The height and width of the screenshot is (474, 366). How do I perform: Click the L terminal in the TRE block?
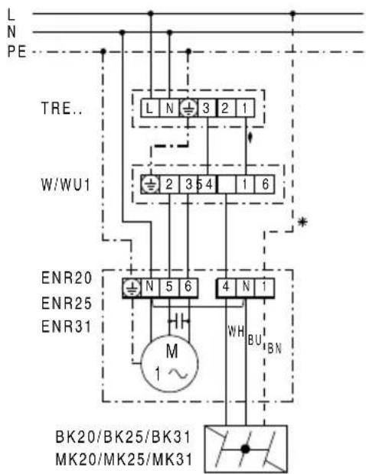click(x=150, y=108)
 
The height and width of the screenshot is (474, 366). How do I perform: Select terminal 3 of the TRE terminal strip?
click(x=207, y=108)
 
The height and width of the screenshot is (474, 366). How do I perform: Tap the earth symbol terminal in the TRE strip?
click(x=188, y=108)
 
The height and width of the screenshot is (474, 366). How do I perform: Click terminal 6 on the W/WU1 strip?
click(x=265, y=184)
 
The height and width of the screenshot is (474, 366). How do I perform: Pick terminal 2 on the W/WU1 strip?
click(x=169, y=184)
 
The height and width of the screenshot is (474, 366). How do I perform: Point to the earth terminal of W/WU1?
click(x=150, y=184)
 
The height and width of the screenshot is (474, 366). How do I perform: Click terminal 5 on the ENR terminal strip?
click(x=169, y=287)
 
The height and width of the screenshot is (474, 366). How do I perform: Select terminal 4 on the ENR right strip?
click(x=226, y=287)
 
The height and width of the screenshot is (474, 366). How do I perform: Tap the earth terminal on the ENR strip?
click(x=132, y=287)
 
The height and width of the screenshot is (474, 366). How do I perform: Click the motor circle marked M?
click(x=169, y=363)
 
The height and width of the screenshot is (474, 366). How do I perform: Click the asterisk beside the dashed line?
click(x=302, y=222)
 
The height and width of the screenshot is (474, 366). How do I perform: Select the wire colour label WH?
click(x=236, y=332)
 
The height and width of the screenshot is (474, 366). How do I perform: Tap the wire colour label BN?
click(x=275, y=349)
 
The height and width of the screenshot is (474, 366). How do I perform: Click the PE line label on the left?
click(x=17, y=51)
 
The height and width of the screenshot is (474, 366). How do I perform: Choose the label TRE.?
click(x=62, y=109)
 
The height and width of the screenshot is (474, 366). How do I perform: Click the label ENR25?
click(x=67, y=304)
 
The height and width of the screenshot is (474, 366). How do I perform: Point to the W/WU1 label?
click(x=66, y=185)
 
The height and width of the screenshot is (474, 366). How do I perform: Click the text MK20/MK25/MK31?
click(x=124, y=459)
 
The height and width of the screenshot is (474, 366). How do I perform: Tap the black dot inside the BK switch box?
click(x=245, y=450)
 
